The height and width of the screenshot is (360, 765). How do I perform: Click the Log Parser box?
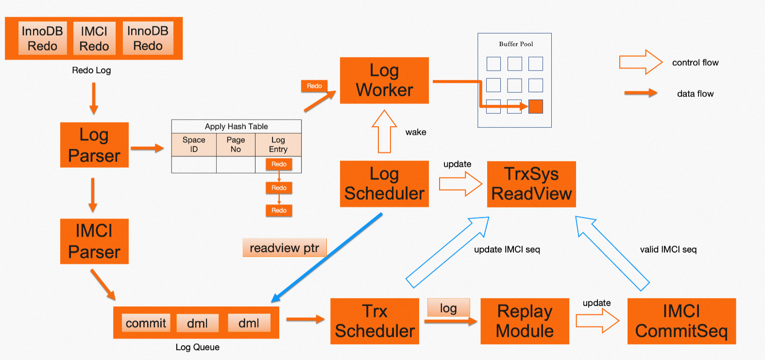94,145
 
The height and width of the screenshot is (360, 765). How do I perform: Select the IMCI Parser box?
94,241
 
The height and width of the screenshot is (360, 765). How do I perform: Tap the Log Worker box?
384,80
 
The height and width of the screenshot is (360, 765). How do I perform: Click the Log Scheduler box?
384,184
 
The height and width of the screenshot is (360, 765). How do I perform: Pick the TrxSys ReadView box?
531,184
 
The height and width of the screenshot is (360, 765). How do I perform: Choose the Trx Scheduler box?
374,321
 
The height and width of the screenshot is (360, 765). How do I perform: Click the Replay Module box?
525,321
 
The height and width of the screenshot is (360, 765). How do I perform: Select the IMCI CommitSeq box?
681,321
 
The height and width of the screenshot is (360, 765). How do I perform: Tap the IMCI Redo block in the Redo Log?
94,38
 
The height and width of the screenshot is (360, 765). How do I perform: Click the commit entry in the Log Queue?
146,323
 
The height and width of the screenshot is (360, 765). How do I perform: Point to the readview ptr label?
285,248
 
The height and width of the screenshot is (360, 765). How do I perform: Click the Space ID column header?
194,144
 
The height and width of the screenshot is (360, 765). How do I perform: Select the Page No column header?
236,144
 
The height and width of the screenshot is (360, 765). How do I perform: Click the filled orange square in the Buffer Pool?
535,106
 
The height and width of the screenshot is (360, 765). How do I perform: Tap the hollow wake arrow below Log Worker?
384,132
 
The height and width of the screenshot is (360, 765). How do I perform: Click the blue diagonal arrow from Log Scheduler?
327,258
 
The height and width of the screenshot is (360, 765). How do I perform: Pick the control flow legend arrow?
641,62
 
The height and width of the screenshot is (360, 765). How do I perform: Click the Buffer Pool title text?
516,44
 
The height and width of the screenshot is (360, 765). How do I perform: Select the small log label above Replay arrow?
448,308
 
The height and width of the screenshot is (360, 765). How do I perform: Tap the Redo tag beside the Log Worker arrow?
314,86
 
